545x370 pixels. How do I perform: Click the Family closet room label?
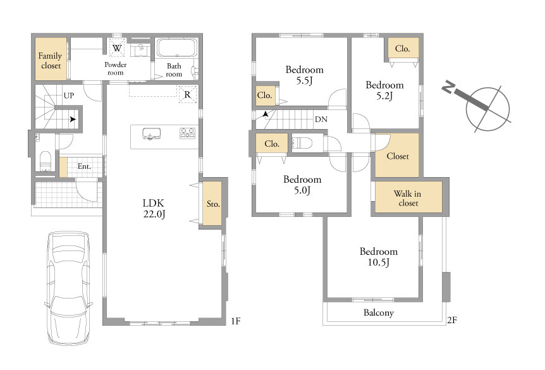coord(51,61)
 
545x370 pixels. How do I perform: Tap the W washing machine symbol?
coord(117,47)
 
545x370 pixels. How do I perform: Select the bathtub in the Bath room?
coord(177,47)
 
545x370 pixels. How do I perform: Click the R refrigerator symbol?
coord(188,94)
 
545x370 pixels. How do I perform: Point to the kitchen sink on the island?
coord(152,134)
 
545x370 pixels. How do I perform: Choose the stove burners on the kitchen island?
coord(187,133)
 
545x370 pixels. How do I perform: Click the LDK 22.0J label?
coord(153,208)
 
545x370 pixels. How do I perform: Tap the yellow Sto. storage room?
coord(212,203)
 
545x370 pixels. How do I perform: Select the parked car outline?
coord(69,288)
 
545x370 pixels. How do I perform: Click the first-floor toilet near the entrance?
coord(46,161)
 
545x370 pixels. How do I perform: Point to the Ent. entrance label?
coord(84,166)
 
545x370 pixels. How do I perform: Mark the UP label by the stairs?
coord(69,96)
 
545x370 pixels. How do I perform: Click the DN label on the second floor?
coord(321,120)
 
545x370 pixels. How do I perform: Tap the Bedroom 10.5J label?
coord(379,257)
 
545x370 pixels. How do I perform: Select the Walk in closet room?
coord(408,197)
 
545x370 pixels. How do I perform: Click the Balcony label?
coord(379,312)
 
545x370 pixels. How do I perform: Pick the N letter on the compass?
coord(449,87)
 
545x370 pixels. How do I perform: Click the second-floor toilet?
coord(303,143)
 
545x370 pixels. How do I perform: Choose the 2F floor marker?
coord(452,320)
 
